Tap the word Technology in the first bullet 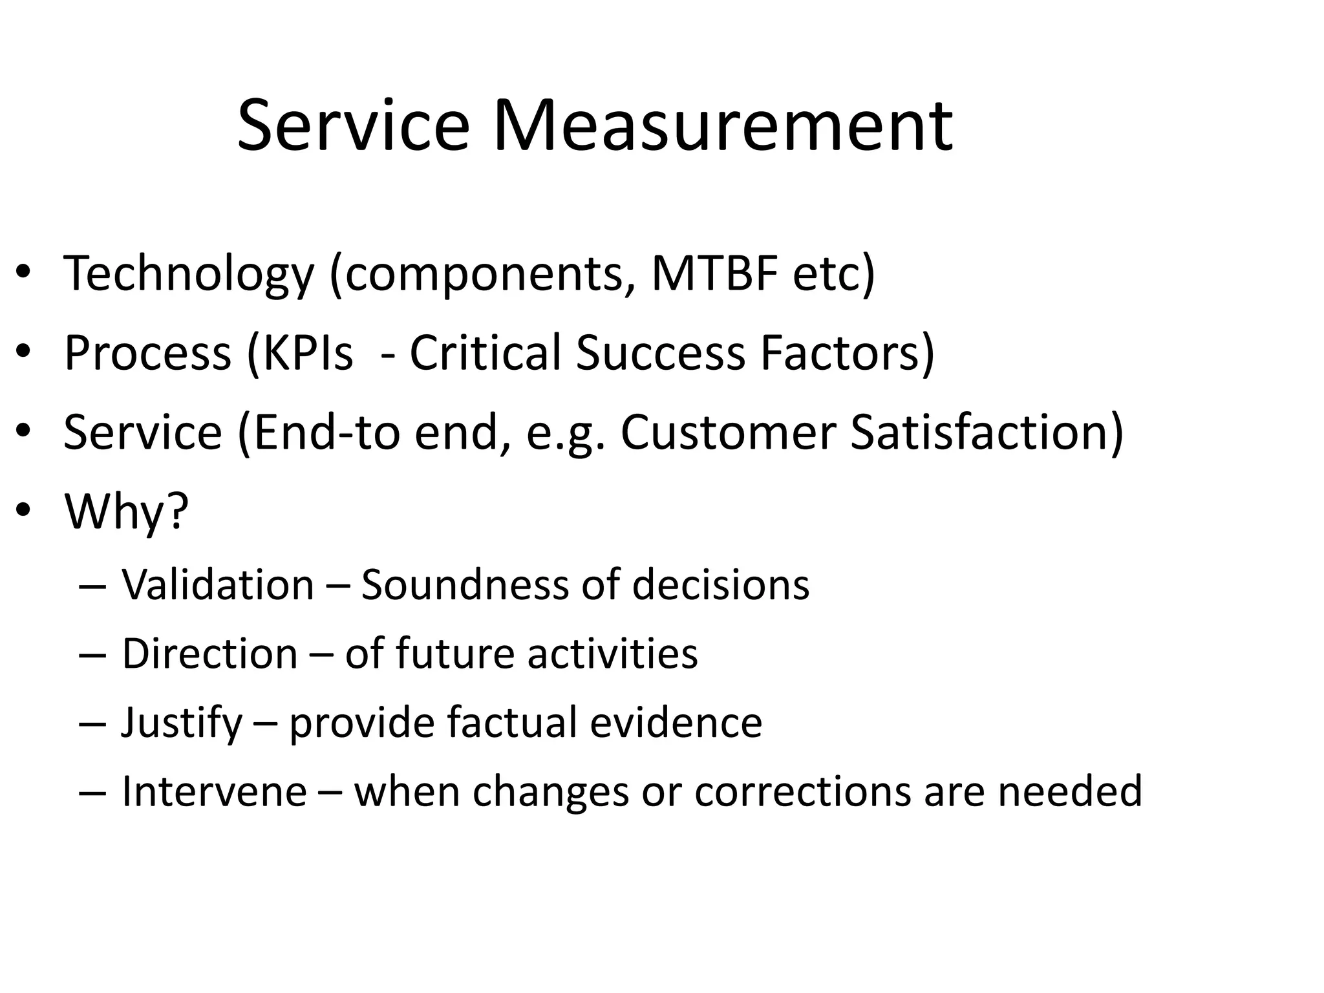tap(188, 274)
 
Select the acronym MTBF tap(714, 273)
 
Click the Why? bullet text tap(127, 511)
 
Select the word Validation tap(218, 584)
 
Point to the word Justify tap(182, 723)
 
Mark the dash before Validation tap(91, 586)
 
